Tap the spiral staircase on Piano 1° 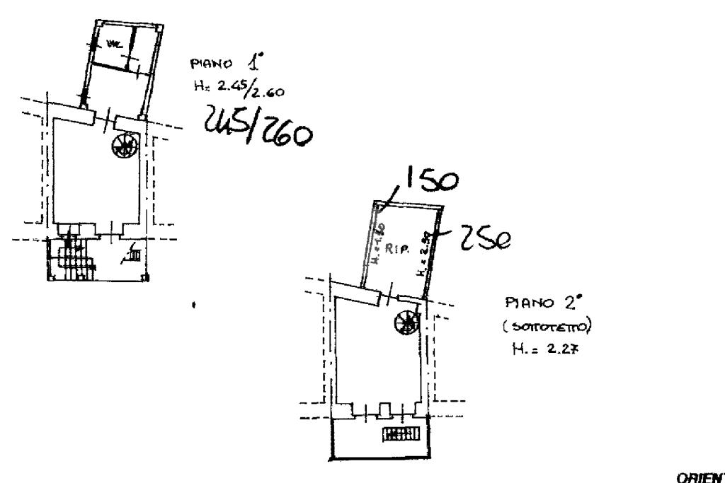pyautogui.click(x=123, y=146)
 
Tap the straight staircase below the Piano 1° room pyautogui.click(x=74, y=258)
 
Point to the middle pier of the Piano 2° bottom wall pyautogui.click(x=383, y=410)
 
